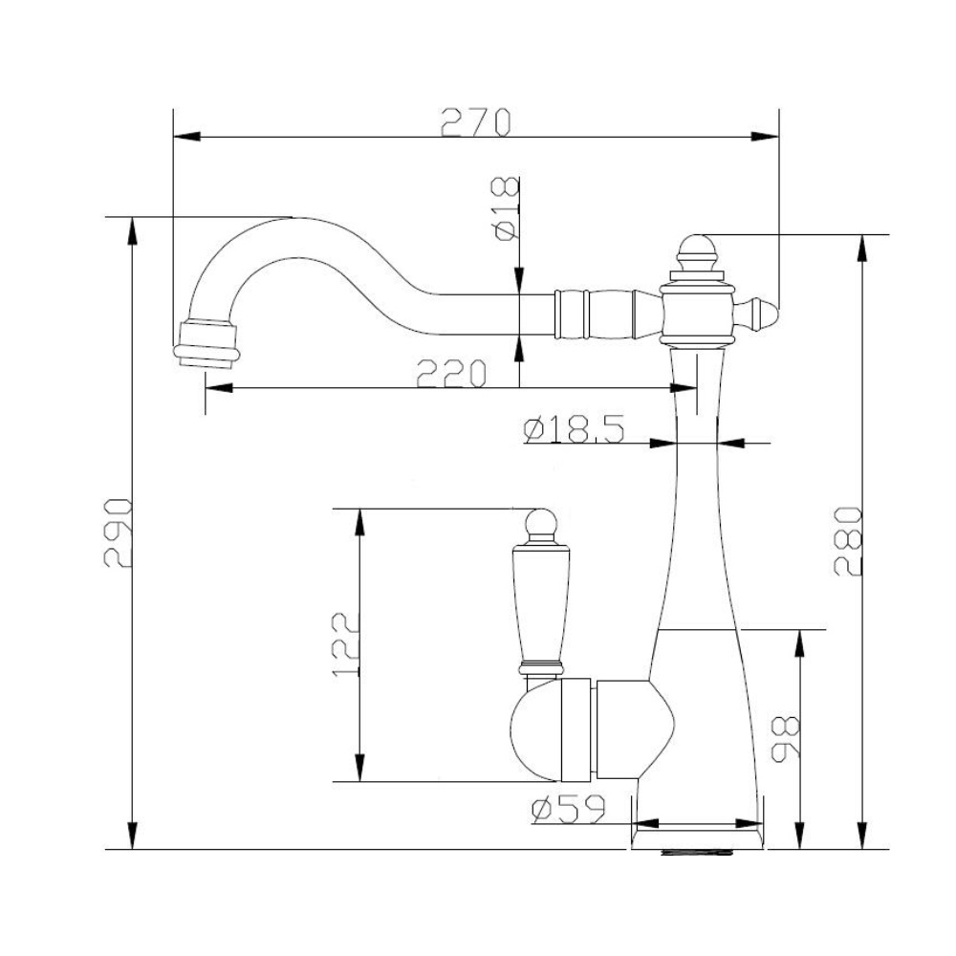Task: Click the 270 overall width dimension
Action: [475, 122]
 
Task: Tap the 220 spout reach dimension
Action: [451, 373]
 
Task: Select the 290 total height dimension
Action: [117, 532]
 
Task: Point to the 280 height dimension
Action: [848, 541]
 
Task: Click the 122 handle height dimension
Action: [346, 643]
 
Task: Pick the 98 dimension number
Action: [785, 739]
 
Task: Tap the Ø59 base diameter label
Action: [568, 809]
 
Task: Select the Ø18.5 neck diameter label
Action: [575, 429]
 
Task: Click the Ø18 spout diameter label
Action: [508, 209]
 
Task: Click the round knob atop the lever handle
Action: [540, 524]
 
